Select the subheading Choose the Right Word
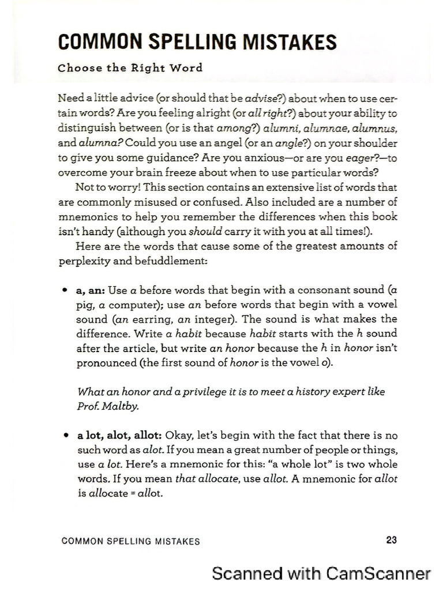[x=130, y=68]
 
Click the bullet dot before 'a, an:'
[x=67, y=290]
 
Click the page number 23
[x=391, y=540]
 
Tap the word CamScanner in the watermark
[x=378, y=573]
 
